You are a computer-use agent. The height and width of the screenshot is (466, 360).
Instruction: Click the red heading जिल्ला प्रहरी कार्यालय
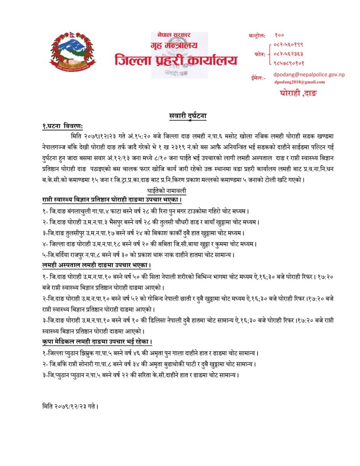[176, 60]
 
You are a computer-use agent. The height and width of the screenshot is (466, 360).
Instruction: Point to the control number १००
[279, 35]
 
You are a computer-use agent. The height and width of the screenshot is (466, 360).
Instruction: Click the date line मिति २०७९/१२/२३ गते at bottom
[70, 405]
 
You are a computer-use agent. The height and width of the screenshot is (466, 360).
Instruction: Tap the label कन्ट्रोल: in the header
[259, 35]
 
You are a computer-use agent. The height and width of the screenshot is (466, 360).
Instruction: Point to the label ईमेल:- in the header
[258, 78]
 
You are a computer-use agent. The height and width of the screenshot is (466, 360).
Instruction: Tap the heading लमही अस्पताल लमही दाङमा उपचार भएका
[96, 265]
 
